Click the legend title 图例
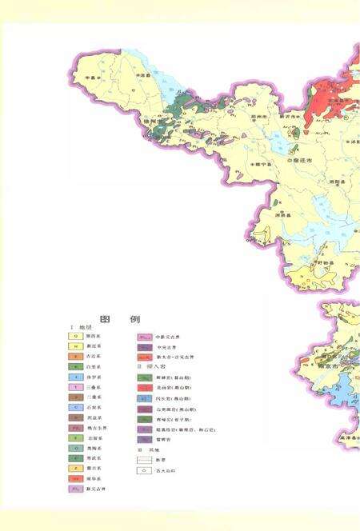[x=117, y=318]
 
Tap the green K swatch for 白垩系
[x=74, y=365]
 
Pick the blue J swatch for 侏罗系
[x=74, y=376]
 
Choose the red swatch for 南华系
[x=74, y=478]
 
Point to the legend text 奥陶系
[x=99, y=448]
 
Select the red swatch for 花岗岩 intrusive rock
[x=145, y=386]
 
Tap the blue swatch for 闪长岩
[x=145, y=397]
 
